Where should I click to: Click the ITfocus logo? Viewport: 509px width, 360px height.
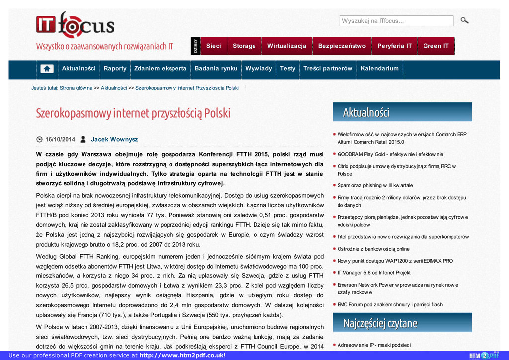coord(75,25)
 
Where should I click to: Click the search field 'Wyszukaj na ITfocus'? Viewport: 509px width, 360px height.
coord(396,21)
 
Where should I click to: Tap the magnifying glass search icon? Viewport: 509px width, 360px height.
coord(464,20)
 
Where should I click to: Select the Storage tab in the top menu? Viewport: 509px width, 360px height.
coord(244,46)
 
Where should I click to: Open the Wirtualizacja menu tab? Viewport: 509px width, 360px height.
coord(287,46)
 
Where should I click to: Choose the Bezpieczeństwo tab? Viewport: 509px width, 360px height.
coord(342,46)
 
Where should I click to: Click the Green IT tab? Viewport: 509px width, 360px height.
coord(436,46)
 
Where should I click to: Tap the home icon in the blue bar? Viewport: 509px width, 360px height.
coord(47,69)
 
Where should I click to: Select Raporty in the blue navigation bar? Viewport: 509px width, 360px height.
coord(115,68)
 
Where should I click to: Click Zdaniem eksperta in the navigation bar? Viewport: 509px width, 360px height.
coord(160,68)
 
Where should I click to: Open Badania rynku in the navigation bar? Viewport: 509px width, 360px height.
coord(216,68)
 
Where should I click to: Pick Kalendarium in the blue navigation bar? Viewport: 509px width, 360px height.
coord(380,68)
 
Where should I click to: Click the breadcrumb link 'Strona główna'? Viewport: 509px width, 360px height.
coord(76,88)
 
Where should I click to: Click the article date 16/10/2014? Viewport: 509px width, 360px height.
coord(60,139)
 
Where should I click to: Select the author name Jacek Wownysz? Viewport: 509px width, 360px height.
coord(114,139)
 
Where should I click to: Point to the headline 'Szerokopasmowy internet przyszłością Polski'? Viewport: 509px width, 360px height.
coord(133,113)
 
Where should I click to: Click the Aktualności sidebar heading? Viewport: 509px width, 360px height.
coord(366,112)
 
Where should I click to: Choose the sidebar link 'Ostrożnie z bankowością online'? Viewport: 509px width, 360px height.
coord(373,249)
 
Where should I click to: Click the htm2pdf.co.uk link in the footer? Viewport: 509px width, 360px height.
coord(182,355)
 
